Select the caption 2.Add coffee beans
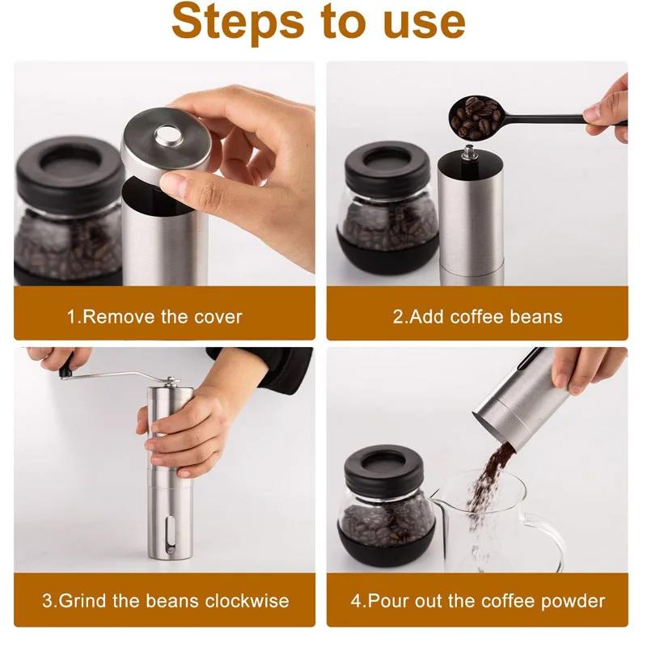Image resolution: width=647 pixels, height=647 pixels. (477, 316)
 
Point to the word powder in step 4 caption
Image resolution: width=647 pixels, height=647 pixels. (571, 601)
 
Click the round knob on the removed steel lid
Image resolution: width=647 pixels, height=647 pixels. (169, 134)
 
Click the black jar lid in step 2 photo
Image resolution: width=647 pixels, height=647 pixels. (387, 164)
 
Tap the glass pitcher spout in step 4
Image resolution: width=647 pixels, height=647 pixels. (438, 491)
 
